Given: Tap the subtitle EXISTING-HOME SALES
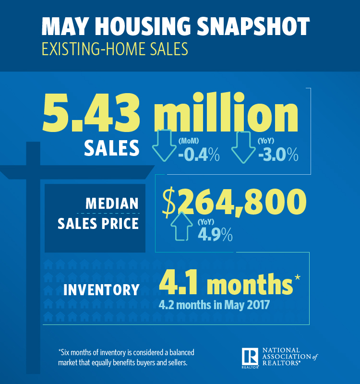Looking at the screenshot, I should [x=114, y=49].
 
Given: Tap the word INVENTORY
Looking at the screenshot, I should [x=101, y=290].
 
